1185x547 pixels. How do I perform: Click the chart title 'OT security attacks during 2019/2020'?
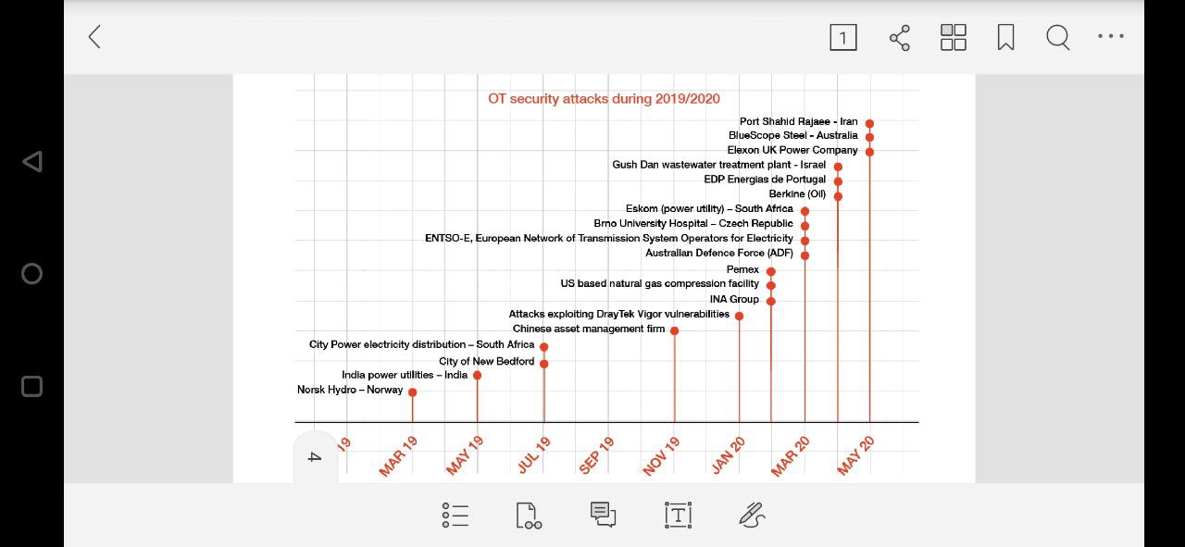pos(604,99)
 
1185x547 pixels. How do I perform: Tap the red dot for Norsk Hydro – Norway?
pos(413,392)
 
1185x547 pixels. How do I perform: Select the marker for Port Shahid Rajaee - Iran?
pos(869,123)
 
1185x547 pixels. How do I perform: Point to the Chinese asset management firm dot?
pos(674,330)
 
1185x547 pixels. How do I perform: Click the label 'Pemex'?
pos(742,269)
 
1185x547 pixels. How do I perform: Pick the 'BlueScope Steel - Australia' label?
pos(792,136)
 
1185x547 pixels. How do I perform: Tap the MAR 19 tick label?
pos(399,455)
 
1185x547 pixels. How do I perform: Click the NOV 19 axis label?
pos(662,455)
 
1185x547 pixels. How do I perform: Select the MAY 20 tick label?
pos(856,455)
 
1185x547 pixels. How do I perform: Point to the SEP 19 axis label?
pos(597,455)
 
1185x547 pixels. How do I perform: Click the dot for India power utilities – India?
pos(477,375)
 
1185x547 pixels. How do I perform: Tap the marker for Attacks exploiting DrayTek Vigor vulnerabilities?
pos(739,316)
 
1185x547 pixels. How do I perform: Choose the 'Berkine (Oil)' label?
pos(797,194)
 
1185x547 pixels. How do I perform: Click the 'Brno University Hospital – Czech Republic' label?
pos(693,224)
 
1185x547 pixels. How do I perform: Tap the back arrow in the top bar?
pos(94,37)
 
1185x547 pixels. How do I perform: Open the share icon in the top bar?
pos(899,38)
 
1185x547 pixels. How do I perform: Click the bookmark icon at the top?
pos(1005,37)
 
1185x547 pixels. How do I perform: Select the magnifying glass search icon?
pos(1057,38)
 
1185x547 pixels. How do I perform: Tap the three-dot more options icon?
pos(1110,37)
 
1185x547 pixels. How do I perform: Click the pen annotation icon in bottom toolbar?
pos(752,516)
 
